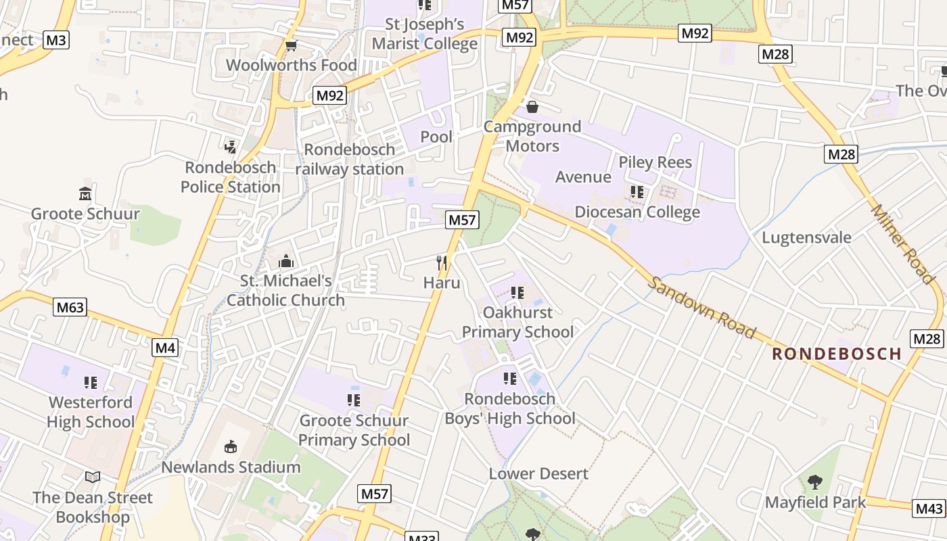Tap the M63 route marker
click(70, 308)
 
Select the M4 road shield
click(165, 348)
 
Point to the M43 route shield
click(929, 508)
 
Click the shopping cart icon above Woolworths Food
click(292, 45)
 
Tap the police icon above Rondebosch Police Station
click(230, 146)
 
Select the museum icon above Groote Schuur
click(85, 194)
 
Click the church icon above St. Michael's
click(286, 261)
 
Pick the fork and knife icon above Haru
click(442, 262)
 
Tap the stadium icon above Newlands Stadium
click(231, 446)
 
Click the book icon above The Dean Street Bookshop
click(93, 477)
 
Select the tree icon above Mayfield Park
click(815, 482)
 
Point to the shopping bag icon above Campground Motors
click(532, 107)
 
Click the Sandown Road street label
click(701, 307)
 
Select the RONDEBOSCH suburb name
click(837, 354)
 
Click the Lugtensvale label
click(806, 237)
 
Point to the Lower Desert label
click(538, 473)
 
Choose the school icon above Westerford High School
click(91, 383)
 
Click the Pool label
click(436, 137)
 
